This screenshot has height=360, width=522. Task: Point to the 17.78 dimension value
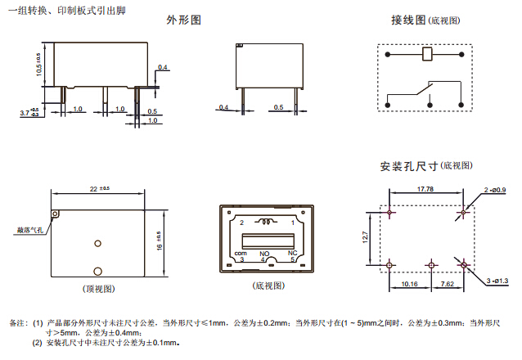point(425,190)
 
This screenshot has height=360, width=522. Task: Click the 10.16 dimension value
point(411,285)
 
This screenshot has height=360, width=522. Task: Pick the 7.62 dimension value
point(448,285)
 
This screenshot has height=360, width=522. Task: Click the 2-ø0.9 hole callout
point(495,191)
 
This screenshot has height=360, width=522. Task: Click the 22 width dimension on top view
point(97,189)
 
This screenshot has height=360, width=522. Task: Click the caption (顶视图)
point(98,289)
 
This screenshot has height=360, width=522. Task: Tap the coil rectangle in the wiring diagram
point(425,56)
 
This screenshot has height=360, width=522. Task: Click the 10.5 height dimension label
point(38,65)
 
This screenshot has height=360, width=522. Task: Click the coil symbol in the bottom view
point(265,221)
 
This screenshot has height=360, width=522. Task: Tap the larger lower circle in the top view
point(97,271)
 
